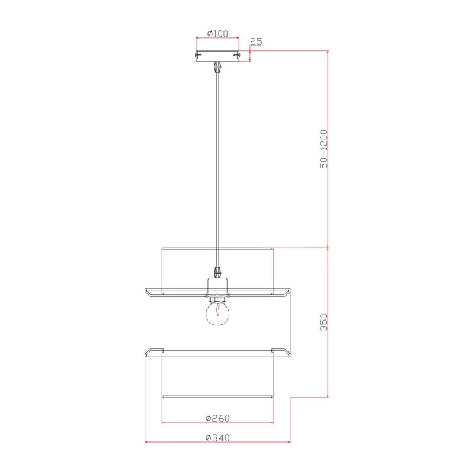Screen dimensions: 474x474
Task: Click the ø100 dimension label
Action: click(x=217, y=34)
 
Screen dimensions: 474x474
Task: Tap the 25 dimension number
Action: click(x=256, y=41)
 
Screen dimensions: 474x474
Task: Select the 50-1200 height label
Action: click(x=324, y=149)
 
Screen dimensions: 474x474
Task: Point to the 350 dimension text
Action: click(x=324, y=322)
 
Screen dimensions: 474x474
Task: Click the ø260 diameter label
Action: click(x=217, y=418)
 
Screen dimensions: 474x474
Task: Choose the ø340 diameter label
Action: click(x=217, y=438)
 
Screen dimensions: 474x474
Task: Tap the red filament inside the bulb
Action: click(x=217, y=309)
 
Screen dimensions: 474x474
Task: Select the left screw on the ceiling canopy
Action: click(x=198, y=55)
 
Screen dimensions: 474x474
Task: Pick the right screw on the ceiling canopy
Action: click(x=236, y=55)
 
